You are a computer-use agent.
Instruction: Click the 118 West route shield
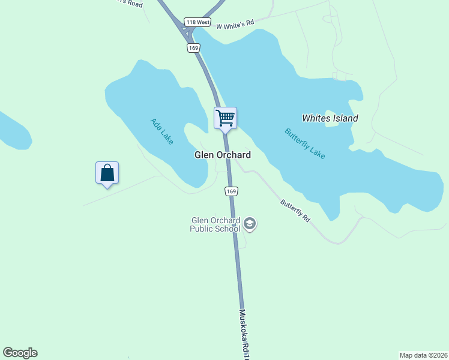[x=197, y=22]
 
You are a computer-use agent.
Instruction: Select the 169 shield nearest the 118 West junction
[x=193, y=47]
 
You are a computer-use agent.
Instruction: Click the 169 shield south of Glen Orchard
[x=232, y=191]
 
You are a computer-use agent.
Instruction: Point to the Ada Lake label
[x=161, y=131]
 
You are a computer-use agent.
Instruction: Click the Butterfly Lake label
[x=305, y=143]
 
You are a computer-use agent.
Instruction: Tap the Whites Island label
[x=330, y=118]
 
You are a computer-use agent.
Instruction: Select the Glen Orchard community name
[x=222, y=155]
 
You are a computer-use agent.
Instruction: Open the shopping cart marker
[x=226, y=118]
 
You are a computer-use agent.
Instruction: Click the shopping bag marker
[x=107, y=173]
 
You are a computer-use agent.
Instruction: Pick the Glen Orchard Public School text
[x=215, y=224]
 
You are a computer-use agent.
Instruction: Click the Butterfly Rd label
[x=295, y=211]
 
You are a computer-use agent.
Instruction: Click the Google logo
[x=20, y=353]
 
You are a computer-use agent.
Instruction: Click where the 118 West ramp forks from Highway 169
[x=183, y=27]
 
